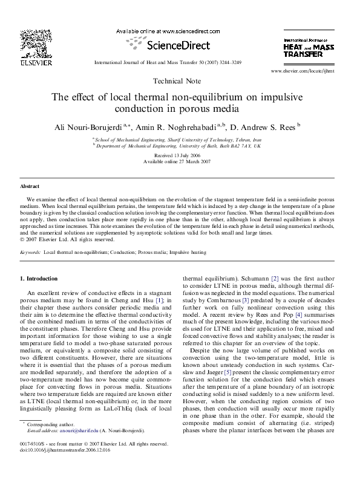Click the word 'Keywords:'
click(31, 251)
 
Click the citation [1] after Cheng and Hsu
click(160, 300)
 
